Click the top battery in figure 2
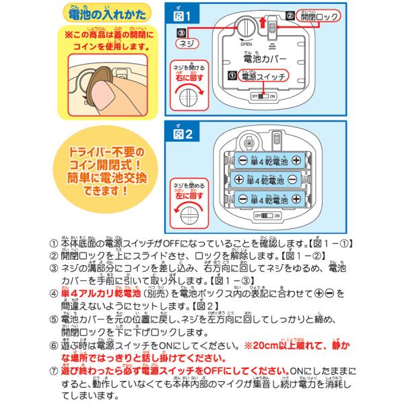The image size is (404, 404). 266,161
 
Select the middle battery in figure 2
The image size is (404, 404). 266,180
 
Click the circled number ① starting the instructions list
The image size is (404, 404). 55,243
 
